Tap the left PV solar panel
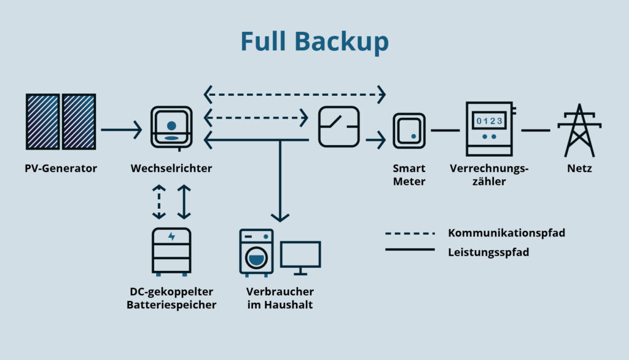tap(42, 122)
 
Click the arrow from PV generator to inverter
tap(121, 130)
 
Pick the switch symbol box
tap(338, 126)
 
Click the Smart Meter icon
tap(409, 130)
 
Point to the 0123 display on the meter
tap(490, 121)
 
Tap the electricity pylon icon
tap(579, 130)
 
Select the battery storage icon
tap(171, 251)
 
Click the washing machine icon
tap(256, 252)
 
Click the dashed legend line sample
tap(410, 233)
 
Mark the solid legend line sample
tap(410, 249)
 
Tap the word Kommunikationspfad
tap(506, 233)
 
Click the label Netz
tap(579, 168)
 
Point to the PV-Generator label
tap(61, 168)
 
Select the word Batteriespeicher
tap(171, 305)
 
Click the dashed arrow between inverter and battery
tap(159, 201)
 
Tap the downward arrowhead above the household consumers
tap(280, 216)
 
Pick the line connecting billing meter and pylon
tap(536, 130)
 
